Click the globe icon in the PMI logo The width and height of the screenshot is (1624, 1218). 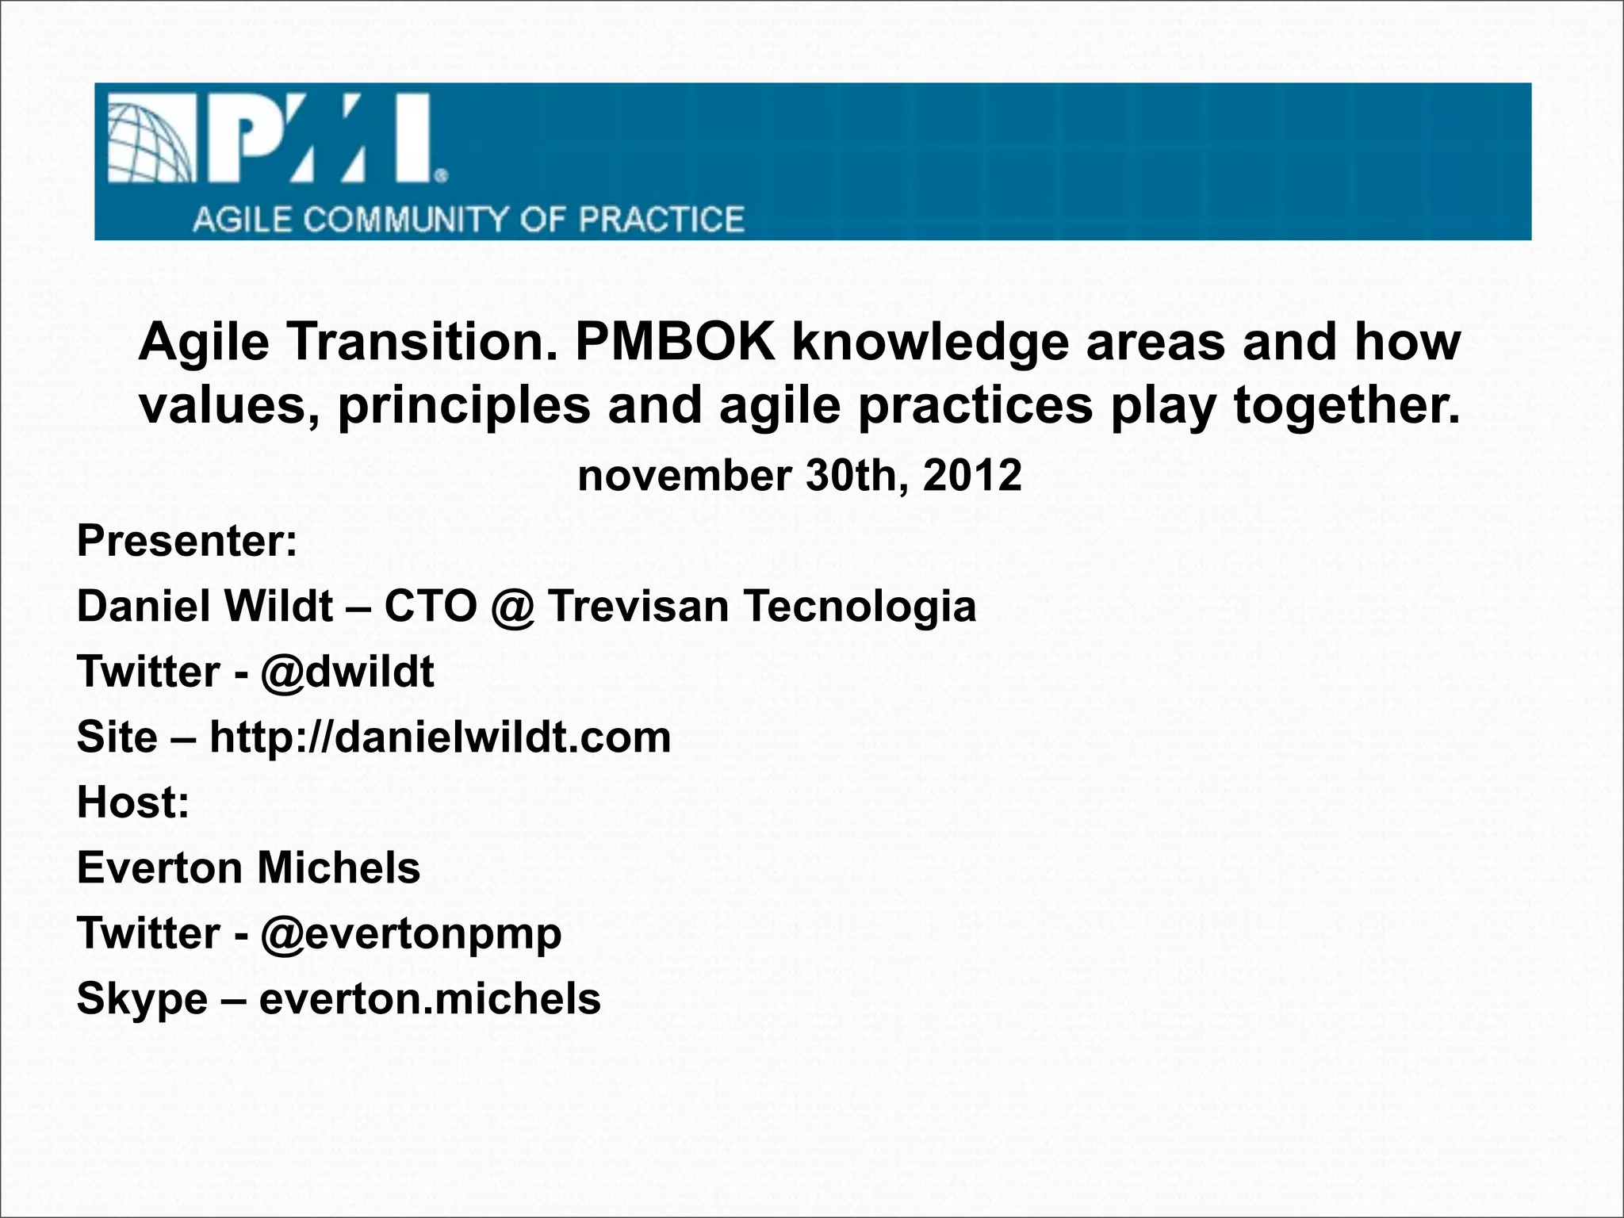click(149, 140)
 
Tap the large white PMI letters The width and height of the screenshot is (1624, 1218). click(321, 139)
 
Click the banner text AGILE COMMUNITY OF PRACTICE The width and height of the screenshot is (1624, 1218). click(468, 220)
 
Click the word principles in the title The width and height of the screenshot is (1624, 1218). click(465, 405)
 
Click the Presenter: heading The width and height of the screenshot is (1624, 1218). click(187, 541)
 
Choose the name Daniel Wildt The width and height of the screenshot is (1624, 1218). click(205, 607)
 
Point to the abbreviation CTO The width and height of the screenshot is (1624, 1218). click(431, 607)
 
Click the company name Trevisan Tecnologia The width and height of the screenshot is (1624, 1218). click(761, 607)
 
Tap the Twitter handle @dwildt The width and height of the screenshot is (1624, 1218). click(347, 672)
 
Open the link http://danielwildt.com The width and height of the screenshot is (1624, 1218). click(440, 737)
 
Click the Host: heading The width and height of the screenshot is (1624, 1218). click(133, 802)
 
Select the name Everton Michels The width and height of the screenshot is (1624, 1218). click(248, 868)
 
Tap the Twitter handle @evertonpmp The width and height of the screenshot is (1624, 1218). click(411, 933)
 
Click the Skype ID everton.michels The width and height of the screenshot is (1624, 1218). click(430, 998)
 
